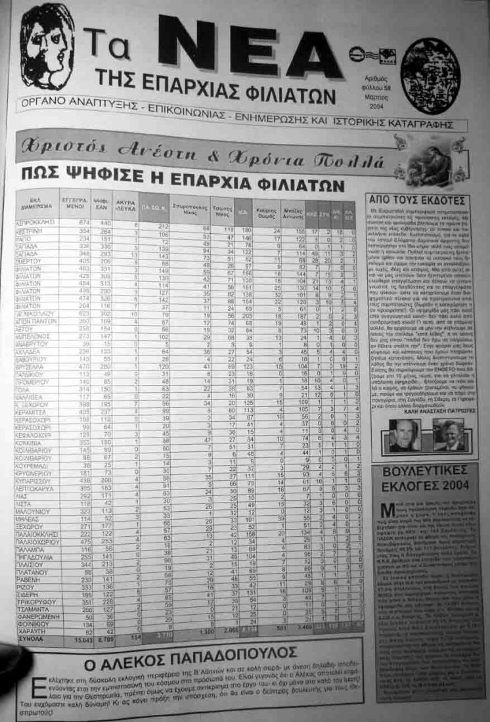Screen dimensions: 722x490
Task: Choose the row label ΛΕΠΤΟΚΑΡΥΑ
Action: click(37, 488)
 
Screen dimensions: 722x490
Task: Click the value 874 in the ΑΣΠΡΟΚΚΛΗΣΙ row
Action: click(83, 222)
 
